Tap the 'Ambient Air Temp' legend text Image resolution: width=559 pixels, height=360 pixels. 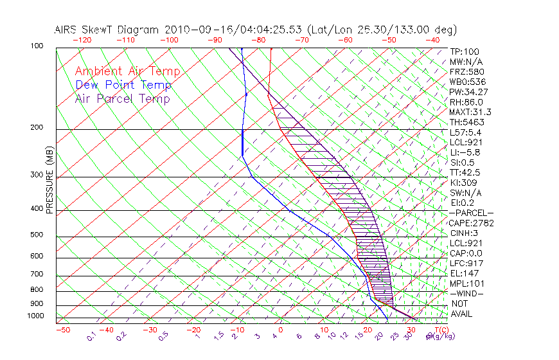(x=128, y=71)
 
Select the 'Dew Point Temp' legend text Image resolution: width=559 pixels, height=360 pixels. (x=123, y=85)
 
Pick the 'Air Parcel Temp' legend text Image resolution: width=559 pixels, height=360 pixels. (x=123, y=98)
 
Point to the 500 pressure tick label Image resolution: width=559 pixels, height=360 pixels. (x=37, y=235)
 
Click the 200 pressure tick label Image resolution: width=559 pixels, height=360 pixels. (x=37, y=128)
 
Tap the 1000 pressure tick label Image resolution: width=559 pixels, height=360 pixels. (x=35, y=316)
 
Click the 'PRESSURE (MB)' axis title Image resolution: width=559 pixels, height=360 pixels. (x=50, y=180)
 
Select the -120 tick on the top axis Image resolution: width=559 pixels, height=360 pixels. (x=82, y=40)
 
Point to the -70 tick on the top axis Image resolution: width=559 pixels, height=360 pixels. (x=301, y=40)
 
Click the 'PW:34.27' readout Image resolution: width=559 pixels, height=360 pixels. (x=466, y=92)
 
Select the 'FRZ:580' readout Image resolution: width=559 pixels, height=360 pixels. (x=465, y=72)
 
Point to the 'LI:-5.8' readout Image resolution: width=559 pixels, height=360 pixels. (x=464, y=152)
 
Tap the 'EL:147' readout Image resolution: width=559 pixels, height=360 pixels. (x=463, y=273)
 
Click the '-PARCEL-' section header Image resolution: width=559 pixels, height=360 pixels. (x=472, y=213)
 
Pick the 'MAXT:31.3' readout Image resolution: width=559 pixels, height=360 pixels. (x=470, y=113)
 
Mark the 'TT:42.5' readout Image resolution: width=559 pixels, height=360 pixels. (x=465, y=172)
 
